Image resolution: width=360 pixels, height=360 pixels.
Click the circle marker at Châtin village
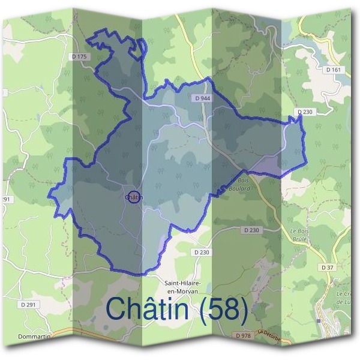135,197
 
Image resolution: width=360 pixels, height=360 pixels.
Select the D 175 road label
79,56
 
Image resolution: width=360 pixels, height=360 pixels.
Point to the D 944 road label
203,97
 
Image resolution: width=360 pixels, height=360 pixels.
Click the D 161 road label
334,70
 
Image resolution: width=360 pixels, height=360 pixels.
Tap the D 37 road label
328,267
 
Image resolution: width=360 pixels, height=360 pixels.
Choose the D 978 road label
243,335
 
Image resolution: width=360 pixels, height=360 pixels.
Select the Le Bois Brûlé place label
303,233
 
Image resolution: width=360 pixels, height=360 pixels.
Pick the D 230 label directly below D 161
305,112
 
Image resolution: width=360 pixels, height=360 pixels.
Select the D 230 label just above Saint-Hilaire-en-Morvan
202,252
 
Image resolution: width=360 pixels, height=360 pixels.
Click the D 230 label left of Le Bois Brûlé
252,230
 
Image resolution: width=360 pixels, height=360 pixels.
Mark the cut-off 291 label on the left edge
6,199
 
